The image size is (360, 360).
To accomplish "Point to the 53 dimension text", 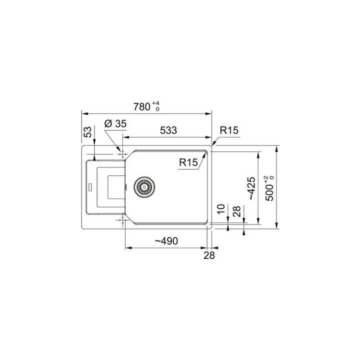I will pyautogui.click(x=88, y=132).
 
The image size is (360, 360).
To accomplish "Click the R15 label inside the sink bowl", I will pyautogui.click(x=188, y=162).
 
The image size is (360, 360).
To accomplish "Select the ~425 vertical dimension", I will pyautogui.click(x=251, y=186).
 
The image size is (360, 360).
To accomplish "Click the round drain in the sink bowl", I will pyautogui.click(x=143, y=186).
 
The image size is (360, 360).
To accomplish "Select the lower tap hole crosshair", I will pyautogui.click(x=120, y=220).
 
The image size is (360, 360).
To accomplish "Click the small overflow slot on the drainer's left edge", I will pyautogui.click(x=90, y=187).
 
